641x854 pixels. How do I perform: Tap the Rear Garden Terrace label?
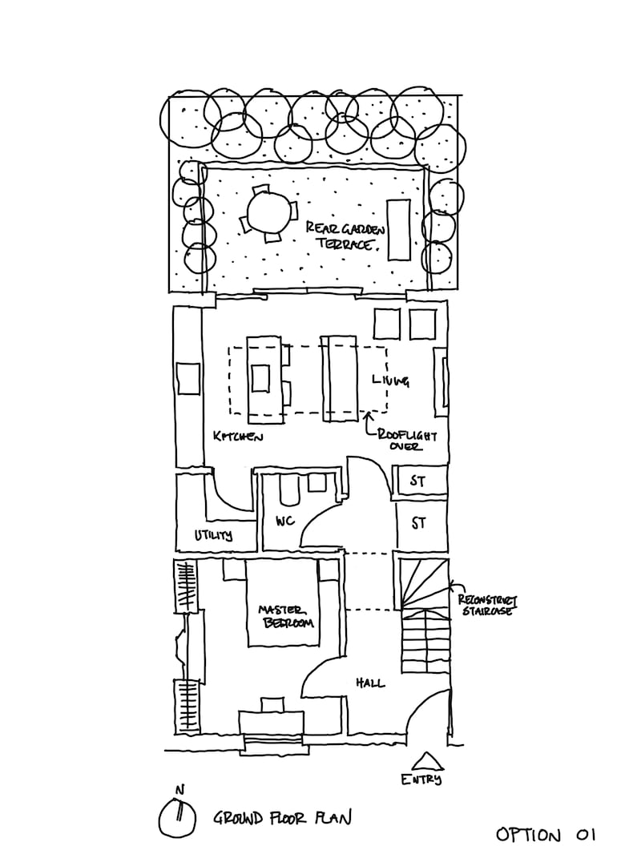340,236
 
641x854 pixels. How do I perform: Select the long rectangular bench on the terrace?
399,229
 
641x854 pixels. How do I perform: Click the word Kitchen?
238,437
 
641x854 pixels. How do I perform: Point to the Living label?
390,381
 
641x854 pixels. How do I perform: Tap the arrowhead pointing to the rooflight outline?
368,415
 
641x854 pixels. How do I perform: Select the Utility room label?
213,535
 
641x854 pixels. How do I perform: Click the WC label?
284,522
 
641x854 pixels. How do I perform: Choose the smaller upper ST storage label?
417,481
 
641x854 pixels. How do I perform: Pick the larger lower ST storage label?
417,524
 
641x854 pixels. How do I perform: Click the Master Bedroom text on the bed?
284,617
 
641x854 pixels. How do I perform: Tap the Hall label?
369,683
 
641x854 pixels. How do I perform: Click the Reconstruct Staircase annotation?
486,605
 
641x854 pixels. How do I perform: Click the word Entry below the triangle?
422,779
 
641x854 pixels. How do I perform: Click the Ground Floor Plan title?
281,818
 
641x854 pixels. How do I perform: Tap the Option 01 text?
546,836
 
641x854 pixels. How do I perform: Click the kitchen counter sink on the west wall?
188,379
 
